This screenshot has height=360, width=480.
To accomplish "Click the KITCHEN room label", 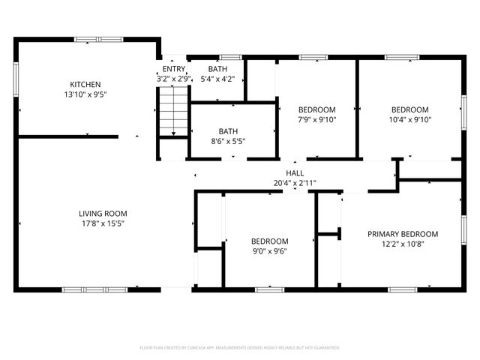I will pos(85,85).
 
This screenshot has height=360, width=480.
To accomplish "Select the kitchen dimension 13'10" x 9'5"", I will pos(85,95).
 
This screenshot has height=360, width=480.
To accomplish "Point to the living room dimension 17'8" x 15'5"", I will pos(103,223).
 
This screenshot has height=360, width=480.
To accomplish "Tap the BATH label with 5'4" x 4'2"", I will pos(217,68).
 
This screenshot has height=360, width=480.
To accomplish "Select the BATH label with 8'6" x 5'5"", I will pos(229,130).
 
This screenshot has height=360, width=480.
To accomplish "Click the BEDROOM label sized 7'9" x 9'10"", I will pos(316,109).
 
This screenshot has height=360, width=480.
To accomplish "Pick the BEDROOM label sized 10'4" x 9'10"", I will pos(410,109).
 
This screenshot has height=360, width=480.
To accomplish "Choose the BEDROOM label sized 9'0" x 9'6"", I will pos(269,241).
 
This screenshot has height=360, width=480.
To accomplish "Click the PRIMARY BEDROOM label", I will pos(403,234).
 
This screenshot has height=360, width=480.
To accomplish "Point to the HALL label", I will pos(295,173).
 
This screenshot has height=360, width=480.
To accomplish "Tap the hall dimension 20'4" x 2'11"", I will pos(295,183).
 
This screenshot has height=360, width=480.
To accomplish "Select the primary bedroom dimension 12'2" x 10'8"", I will pos(403,244).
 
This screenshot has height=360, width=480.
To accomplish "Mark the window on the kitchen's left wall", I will pos(15,77).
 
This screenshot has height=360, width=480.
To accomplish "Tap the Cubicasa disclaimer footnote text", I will pos(240,348).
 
